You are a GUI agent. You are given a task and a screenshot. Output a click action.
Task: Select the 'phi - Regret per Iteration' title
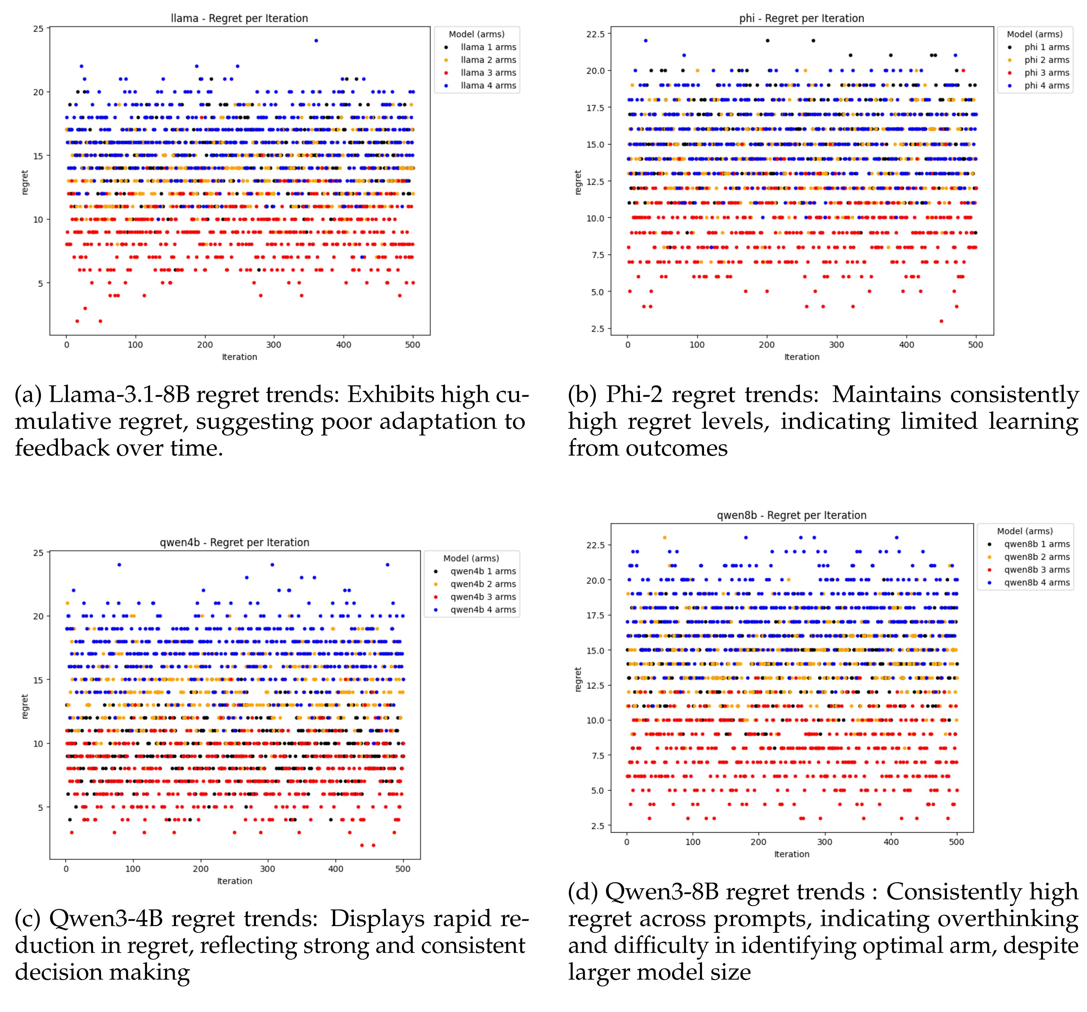(801, 18)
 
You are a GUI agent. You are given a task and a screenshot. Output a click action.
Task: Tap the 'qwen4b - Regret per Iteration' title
(234, 542)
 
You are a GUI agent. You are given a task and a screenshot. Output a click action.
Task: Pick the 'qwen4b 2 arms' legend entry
(483, 584)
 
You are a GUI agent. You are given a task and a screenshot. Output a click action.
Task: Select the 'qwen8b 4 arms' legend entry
(1036, 582)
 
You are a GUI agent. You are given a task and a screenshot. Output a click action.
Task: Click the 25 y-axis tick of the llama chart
(38, 29)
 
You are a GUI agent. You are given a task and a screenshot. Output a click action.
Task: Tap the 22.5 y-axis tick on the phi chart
(596, 34)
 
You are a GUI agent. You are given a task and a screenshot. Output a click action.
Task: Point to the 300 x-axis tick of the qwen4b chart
(267, 869)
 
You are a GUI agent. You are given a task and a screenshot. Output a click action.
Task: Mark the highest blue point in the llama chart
(315, 40)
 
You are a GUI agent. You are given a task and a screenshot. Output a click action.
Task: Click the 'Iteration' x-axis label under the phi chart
(801, 357)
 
